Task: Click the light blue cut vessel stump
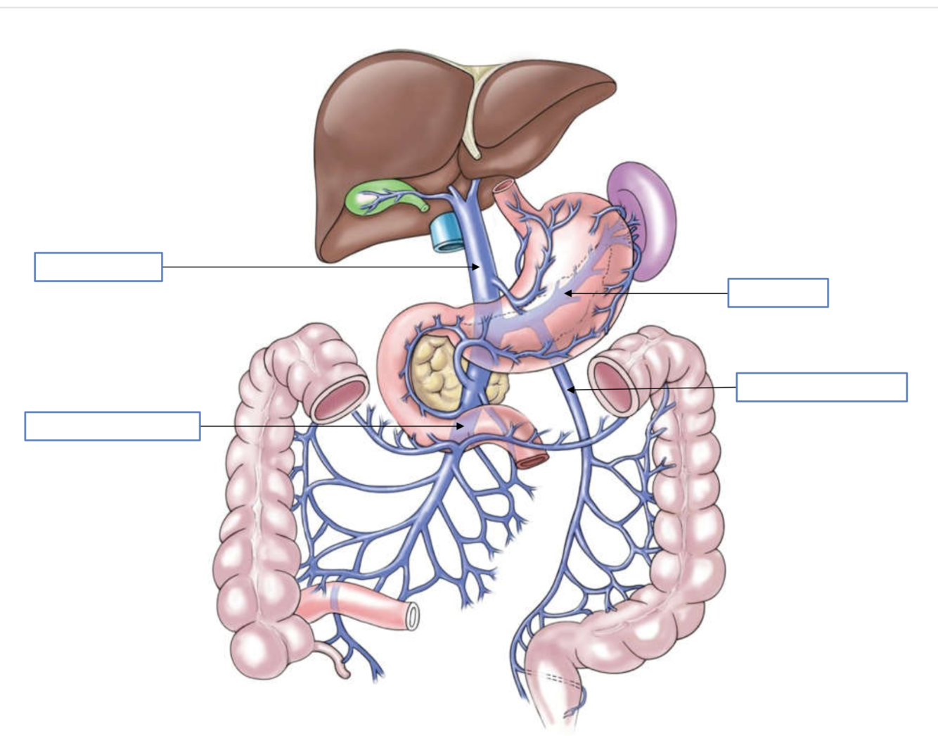tap(444, 232)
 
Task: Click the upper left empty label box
tap(98, 267)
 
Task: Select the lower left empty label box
tap(113, 426)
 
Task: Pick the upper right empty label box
tap(778, 293)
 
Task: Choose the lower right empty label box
tap(821, 387)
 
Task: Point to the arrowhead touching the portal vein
tap(476, 267)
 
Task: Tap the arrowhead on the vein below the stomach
tap(571, 389)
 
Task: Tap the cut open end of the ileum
tap(413, 616)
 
